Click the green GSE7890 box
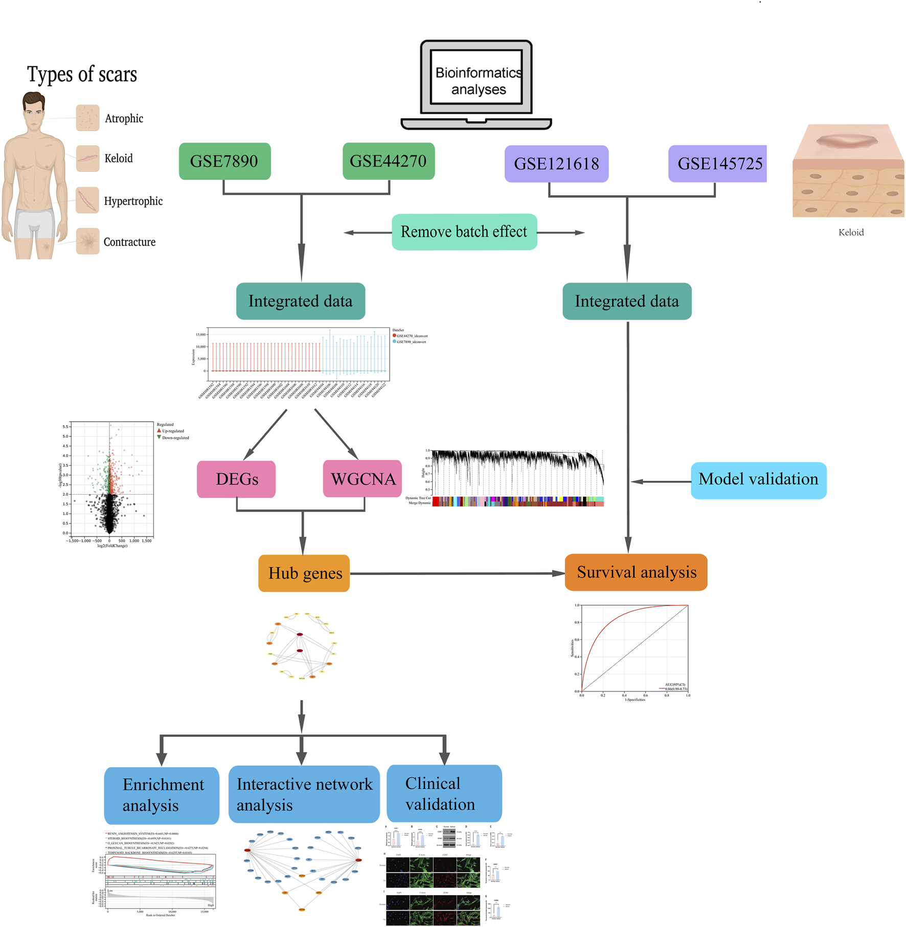(224, 161)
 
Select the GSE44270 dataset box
(388, 161)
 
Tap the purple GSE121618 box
(556, 164)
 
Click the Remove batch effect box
(464, 231)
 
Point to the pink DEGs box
(236, 479)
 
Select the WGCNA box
(363, 479)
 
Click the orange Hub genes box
(304, 573)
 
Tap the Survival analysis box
(636, 572)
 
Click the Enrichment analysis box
(162, 795)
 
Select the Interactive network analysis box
(304, 794)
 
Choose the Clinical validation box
(444, 793)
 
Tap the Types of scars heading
(82, 75)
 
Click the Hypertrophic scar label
(133, 201)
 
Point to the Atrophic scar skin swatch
(87, 118)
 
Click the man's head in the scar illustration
(34, 109)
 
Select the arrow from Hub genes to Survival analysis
(455, 573)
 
